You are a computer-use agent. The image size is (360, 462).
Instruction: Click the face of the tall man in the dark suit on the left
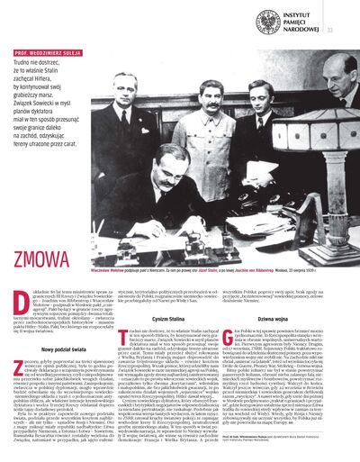[x=123, y=87]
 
